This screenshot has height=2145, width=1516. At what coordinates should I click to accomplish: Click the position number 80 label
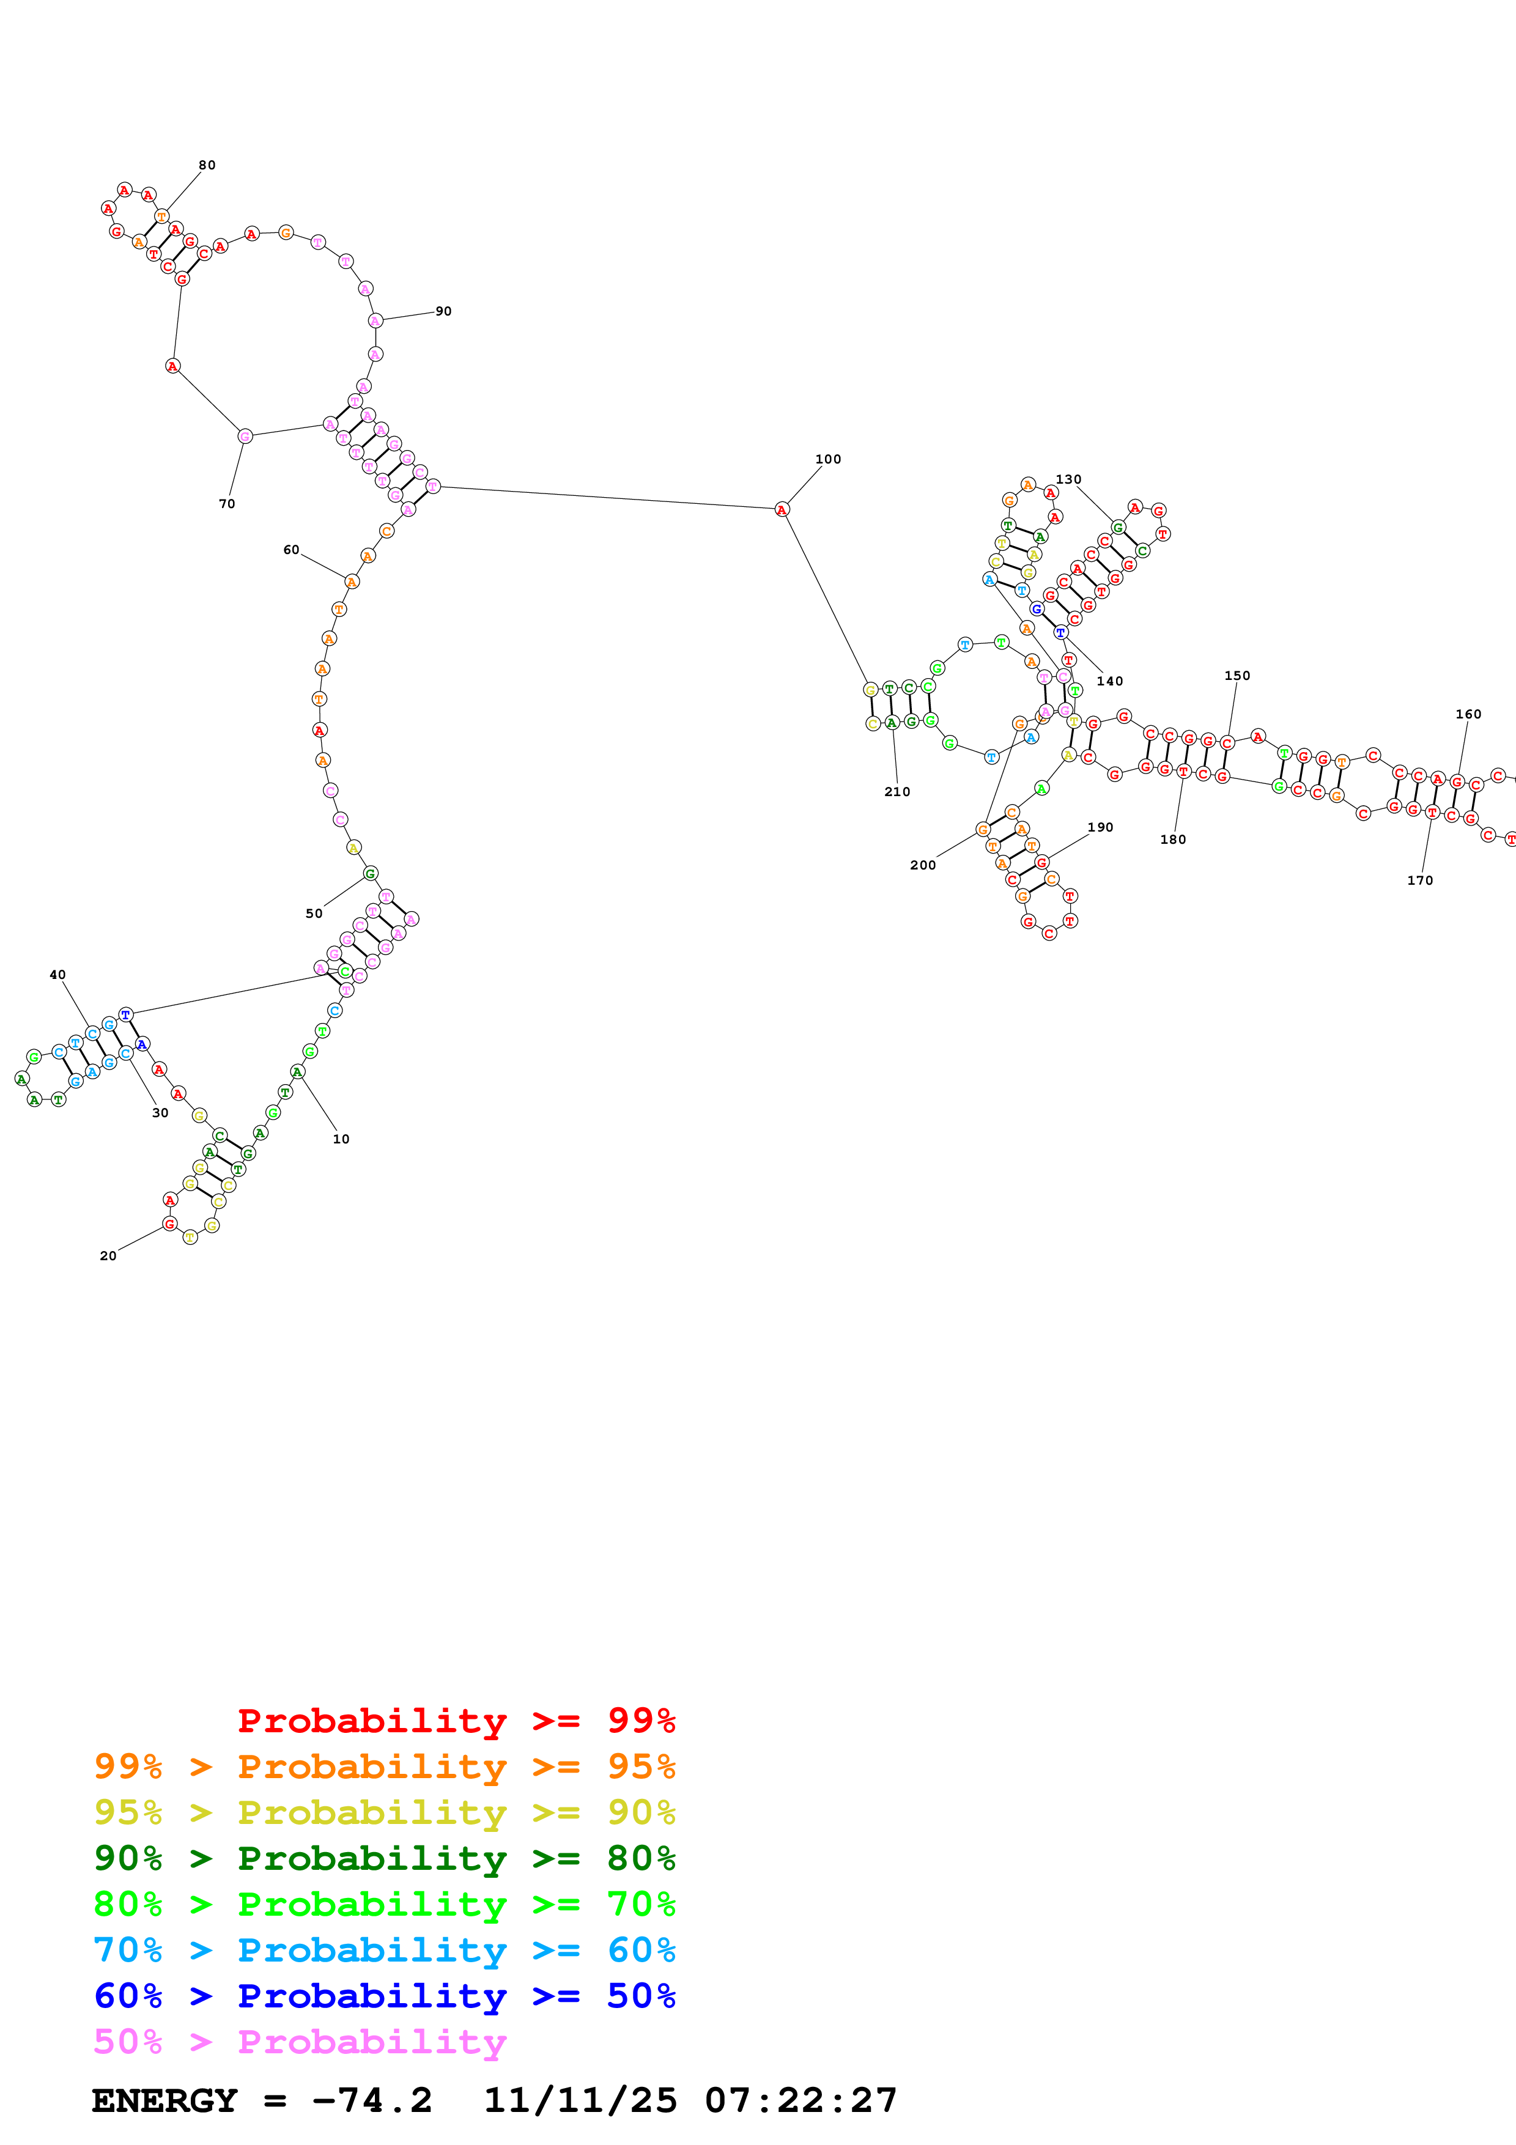[207, 165]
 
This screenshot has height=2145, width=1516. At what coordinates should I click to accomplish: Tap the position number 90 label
[444, 311]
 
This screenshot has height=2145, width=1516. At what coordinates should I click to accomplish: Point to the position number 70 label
[227, 504]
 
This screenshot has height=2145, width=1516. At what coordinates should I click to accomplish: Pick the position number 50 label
[314, 913]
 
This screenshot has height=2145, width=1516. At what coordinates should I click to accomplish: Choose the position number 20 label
[108, 1255]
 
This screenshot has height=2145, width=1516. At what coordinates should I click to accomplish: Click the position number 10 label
[341, 1139]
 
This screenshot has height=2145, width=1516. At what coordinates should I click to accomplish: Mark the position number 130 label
[1068, 479]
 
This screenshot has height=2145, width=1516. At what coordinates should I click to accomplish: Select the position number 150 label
[1237, 676]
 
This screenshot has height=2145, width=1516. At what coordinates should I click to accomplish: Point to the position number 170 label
[1420, 880]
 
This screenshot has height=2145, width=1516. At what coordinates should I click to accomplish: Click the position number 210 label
[897, 791]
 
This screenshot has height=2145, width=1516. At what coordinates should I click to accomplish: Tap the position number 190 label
[1100, 827]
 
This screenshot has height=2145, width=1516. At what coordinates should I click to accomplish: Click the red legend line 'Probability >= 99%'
[456, 1721]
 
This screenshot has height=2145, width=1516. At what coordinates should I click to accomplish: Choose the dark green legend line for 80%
[384, 1858]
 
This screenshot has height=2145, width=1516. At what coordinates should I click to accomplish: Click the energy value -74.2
[372, 2100]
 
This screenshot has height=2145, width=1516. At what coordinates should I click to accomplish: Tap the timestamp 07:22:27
[801, 2100]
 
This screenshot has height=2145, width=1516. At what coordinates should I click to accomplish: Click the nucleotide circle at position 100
[782, 509]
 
